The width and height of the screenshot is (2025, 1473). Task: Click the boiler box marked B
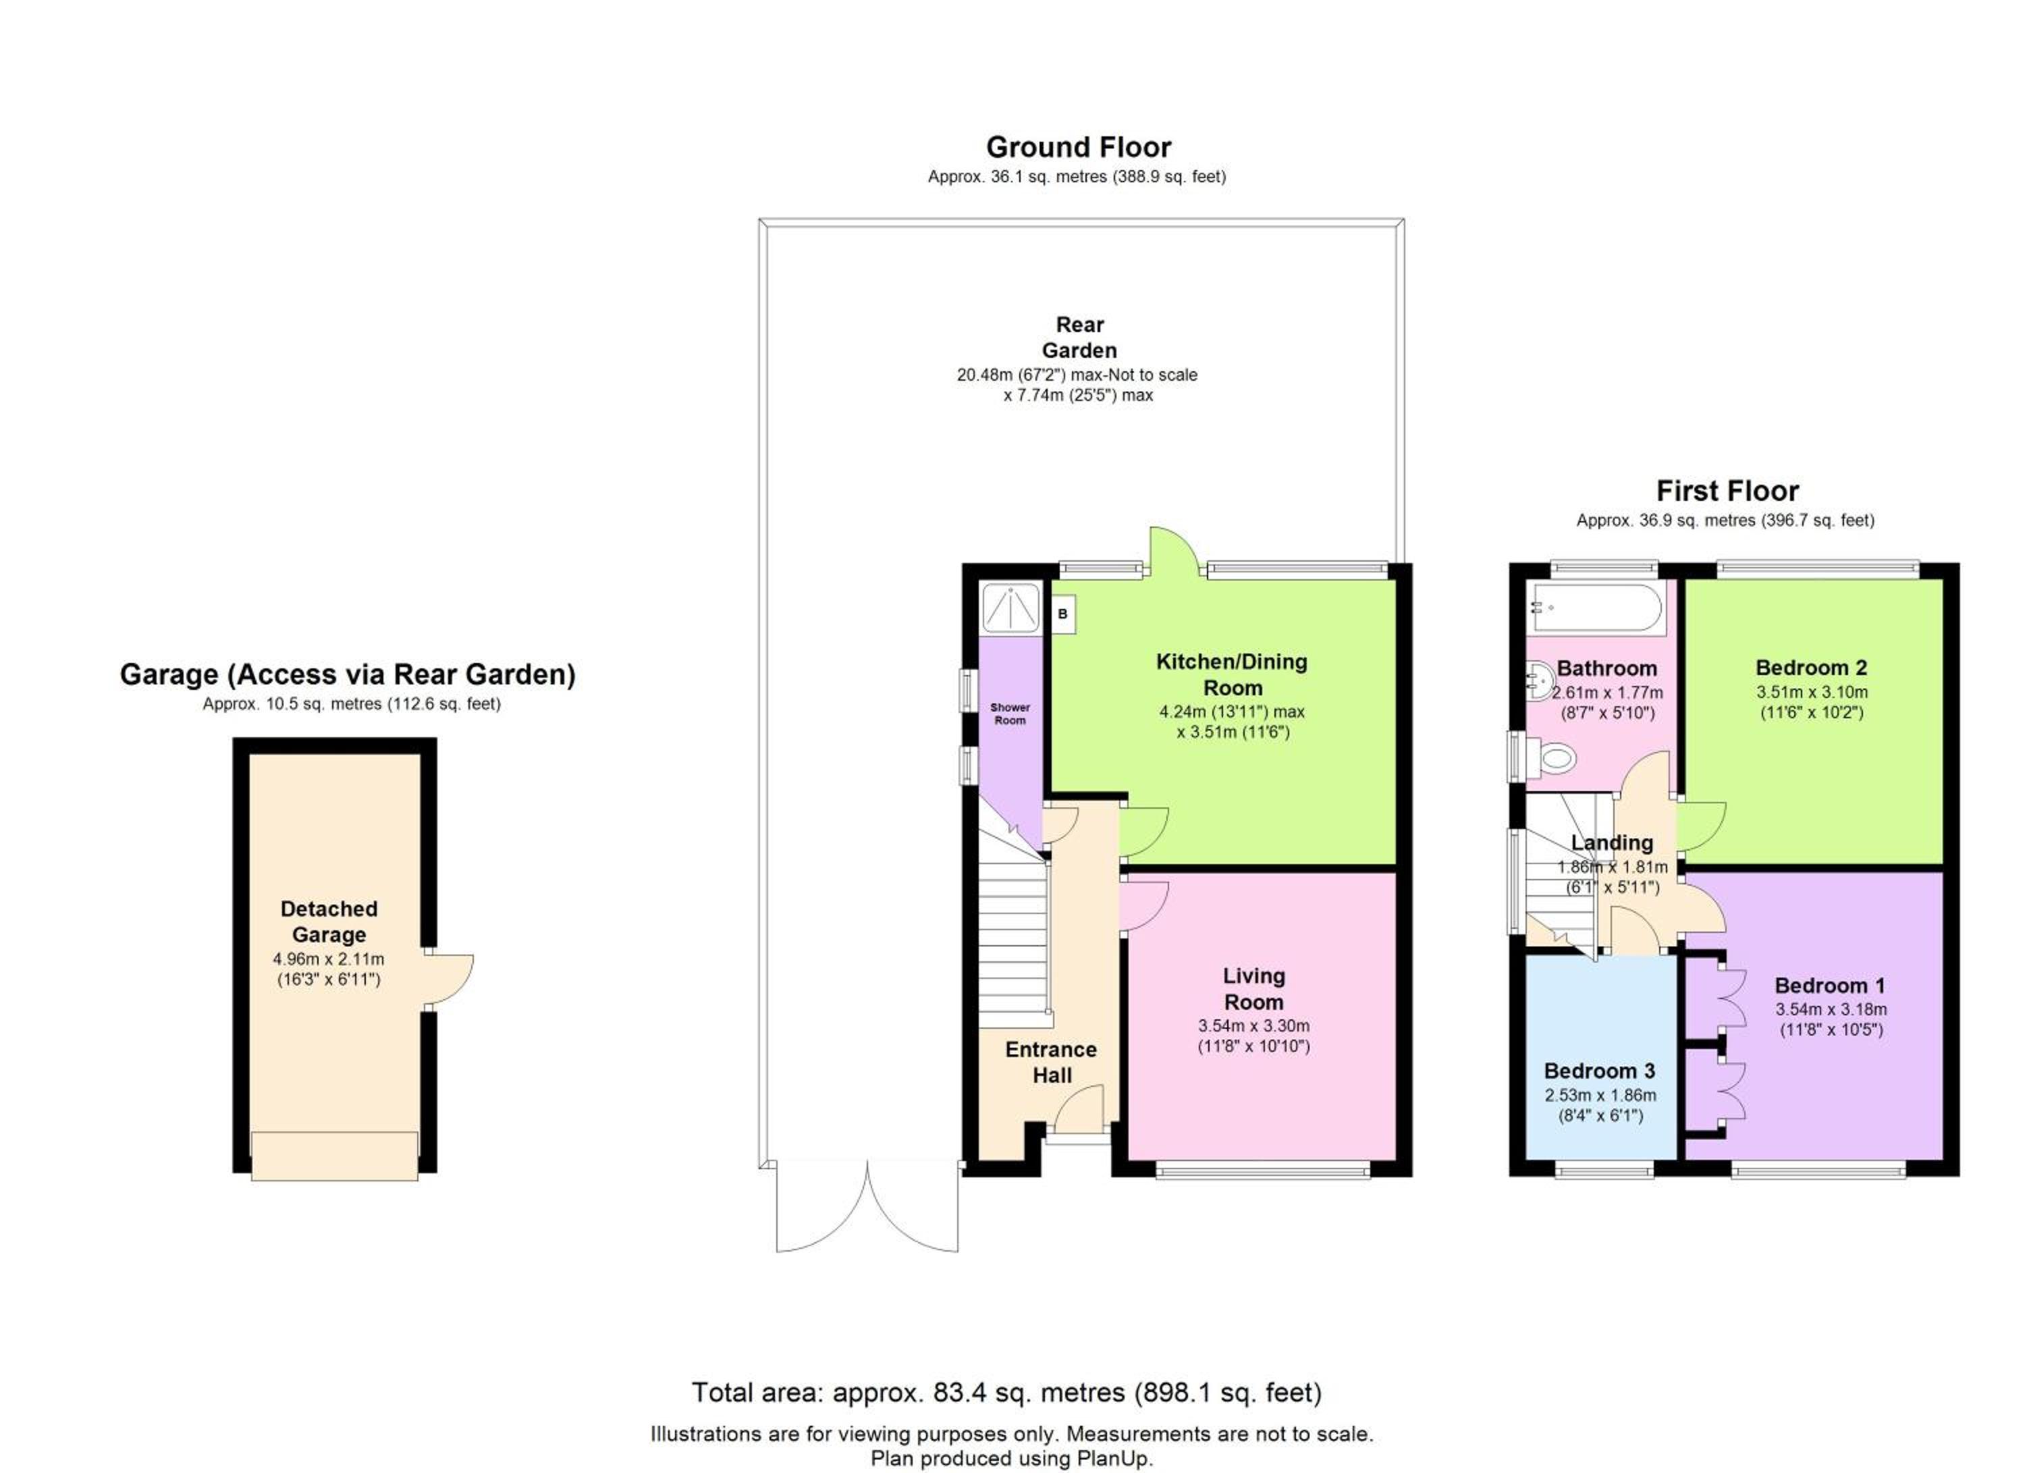tap(1062, 614)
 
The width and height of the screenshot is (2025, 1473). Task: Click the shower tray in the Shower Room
tap(1010, 608)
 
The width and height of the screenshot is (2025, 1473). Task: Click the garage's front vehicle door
tap(335, 1156)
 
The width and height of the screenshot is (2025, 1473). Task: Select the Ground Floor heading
tap(1079, 147)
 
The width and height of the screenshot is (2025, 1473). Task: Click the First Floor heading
tap(1728, 491)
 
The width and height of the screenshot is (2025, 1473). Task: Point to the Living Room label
tap(1253, 989)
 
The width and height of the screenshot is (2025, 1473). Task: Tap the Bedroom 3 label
tap(1600, 1071)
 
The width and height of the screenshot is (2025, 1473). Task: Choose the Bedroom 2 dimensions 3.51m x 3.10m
tap(1812, 692)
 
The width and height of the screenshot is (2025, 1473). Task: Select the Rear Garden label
tap(1079, 338)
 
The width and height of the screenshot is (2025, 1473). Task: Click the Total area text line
tap(1007, 1393)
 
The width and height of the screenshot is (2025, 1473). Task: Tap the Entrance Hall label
tap(1051, 1063)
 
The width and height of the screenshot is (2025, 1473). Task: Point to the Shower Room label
tap(1010, 714)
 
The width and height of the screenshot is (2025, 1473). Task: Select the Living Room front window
tap(1262, 1171)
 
